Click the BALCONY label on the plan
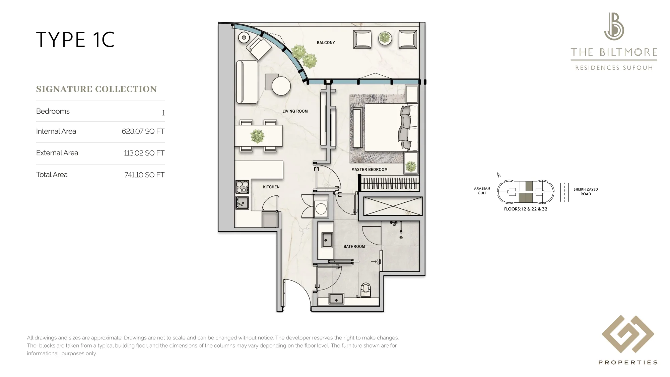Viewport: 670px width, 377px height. coord(326,43)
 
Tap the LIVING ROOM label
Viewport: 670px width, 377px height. coord(295,111)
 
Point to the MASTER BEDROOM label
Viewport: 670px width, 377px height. coord(369,170)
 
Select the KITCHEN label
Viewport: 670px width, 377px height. coord(271,187)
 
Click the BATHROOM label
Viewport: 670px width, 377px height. coord(354,246)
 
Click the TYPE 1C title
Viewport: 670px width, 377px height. coord(75,40)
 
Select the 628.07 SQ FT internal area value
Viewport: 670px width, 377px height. coord(143,131)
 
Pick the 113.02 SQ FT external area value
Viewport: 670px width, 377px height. coord(144,153)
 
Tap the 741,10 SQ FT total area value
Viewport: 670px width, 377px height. coord(144,175)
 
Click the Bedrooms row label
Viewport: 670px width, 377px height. coord(53,111)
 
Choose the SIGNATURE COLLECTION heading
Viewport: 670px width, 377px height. coord(96,89)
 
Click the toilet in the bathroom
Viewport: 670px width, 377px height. coord(366,290)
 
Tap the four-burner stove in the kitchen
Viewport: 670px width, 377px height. coord(242,187)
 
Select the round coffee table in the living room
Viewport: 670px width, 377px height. coord(281,86)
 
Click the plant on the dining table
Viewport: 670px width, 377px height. coord(257,136)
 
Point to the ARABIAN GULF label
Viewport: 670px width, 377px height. coord(482,191)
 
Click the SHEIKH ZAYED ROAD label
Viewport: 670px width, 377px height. coord(586,192)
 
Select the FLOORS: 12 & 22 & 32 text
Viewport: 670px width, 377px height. coord(526,209)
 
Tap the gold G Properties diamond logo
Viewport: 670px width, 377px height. coord(628,334)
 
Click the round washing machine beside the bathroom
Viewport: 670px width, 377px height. coord(321,209)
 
